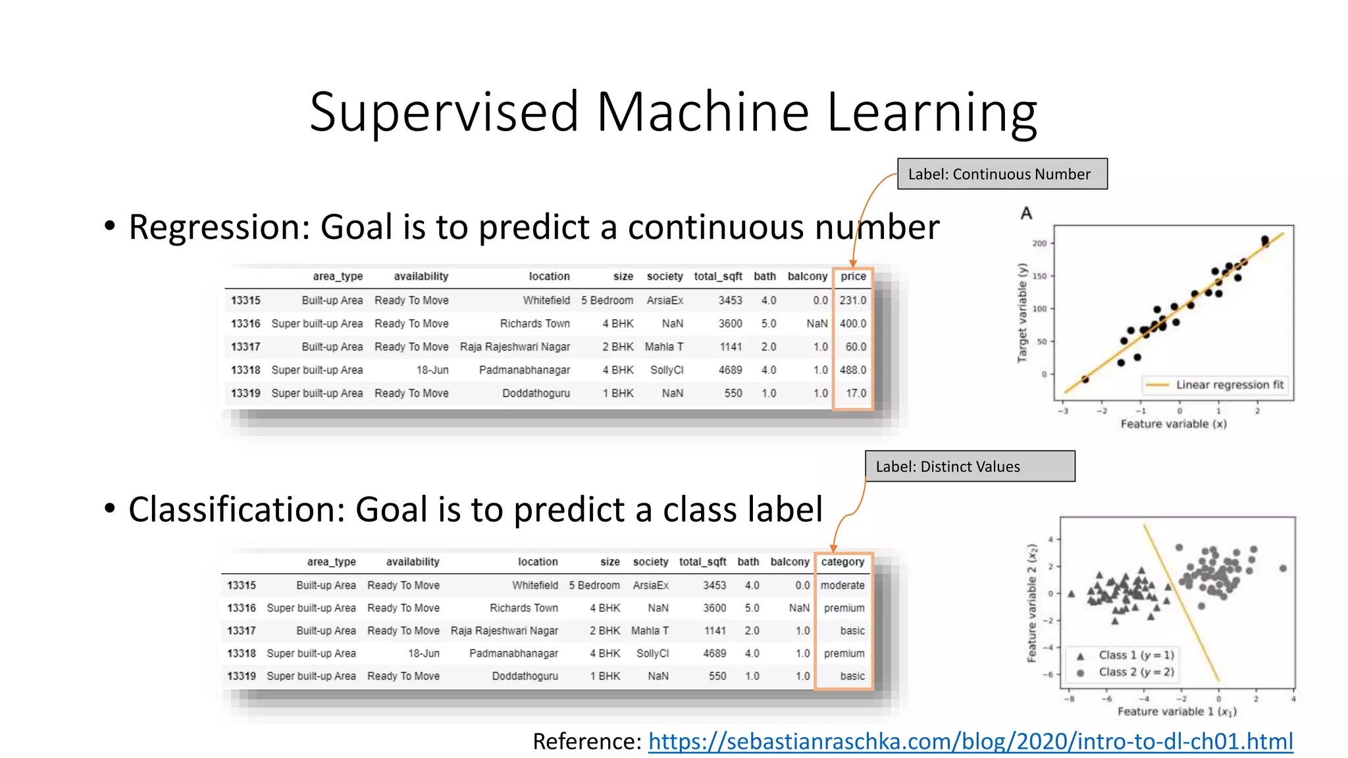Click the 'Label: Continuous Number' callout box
(x=1002, y=174)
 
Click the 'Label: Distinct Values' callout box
(x=970, y=467)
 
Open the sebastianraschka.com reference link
(x=970, y=742)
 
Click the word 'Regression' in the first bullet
(x=218, y=228)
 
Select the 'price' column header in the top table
(x=853, y=276)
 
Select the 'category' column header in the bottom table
(x=842, y=562)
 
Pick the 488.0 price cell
(x=852, y=370)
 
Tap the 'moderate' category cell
(x=842, y=585)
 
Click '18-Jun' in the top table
(x=432, y=370)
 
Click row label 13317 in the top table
(x=246, y=347)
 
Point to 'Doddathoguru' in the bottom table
(x=525, y=676)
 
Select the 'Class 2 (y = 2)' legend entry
(x=1135, y=672)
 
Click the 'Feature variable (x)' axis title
(x=1174, y=424)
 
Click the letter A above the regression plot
(x=1026, y=213)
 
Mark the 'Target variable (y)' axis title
(x=1022, y=313)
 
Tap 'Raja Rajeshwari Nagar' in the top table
(x=515, y=347)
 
